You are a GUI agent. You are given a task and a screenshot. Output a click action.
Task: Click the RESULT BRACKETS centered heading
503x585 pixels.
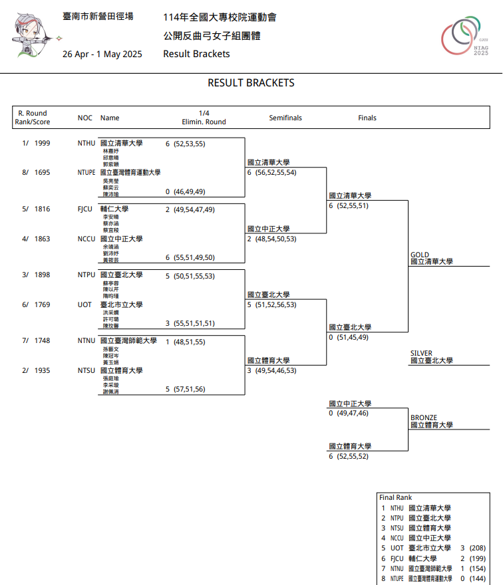pos(251,83)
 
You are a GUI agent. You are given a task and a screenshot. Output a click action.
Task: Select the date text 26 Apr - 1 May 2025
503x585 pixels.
pos(102,55)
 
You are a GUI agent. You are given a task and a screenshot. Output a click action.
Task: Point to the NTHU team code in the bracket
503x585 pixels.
pos(86,143)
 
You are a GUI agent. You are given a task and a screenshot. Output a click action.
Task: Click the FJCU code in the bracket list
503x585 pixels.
pos(84,209)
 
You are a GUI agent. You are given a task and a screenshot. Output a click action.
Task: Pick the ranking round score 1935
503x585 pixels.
pos(42,370)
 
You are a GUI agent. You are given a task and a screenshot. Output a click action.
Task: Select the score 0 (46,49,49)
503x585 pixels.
pos(185,191)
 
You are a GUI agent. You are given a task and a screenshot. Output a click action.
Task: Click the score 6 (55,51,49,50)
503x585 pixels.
pos(190,257)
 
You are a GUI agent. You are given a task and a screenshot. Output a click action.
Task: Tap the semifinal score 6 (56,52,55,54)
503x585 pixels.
pos(271,173)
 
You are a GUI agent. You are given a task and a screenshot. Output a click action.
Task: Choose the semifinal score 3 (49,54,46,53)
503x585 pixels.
pos(271,370)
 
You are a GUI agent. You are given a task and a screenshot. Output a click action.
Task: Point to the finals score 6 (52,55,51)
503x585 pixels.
pos(348,206)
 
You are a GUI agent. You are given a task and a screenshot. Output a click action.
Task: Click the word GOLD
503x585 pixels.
pos(420,255)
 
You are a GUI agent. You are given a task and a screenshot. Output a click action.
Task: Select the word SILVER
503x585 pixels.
pos(422,353)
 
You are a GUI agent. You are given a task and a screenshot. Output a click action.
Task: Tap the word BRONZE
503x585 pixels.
pos(424,417)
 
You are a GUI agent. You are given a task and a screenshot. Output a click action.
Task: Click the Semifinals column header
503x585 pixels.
pos(285,118)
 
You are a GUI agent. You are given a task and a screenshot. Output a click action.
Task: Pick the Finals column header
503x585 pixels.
pos(367,118)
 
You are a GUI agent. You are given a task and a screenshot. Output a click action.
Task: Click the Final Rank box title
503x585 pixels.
pos(395,497)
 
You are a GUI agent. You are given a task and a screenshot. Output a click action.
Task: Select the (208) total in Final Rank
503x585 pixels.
pos(477,548)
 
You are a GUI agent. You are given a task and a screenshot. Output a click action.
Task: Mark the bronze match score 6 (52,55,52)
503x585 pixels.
pos(348,457)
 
